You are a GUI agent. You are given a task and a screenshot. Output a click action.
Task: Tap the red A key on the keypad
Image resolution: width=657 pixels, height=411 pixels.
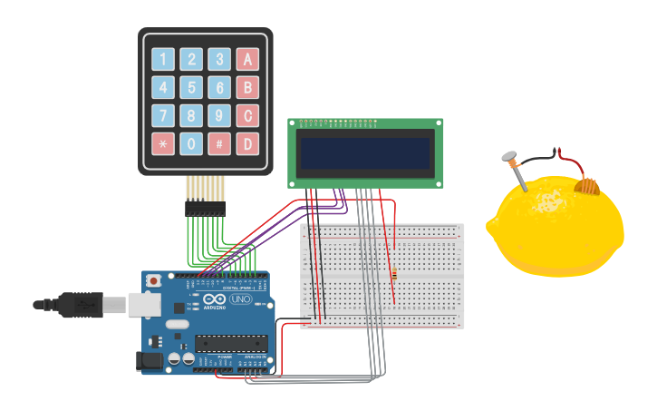pos(246,60)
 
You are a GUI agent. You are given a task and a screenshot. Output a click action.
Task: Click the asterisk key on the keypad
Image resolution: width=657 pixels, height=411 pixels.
pos(163,144)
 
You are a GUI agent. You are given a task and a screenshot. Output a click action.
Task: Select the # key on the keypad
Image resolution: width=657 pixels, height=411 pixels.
pos(219,144)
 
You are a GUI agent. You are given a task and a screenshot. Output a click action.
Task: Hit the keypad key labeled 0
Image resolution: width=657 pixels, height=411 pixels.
pos(191,144)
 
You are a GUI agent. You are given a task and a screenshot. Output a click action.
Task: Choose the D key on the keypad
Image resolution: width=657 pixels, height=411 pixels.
pos(246,144)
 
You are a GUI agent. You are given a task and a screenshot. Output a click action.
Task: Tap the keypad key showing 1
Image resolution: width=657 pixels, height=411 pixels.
pos(163,60)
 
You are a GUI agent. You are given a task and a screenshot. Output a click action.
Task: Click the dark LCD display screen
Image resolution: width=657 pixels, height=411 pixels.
pos(365,154)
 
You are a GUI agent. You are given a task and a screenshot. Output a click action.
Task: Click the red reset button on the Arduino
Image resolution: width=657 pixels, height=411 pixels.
pos(153,281)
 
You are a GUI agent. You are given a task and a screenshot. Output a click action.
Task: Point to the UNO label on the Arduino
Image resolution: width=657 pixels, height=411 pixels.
pos(240,300)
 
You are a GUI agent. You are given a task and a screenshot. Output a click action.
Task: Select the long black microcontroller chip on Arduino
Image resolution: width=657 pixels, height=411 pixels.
pos(232,343)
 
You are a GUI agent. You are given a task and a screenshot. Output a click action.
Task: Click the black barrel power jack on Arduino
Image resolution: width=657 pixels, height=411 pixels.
pos(150,361)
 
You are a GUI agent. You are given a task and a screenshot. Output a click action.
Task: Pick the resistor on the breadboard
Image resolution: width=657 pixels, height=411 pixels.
pos(394,274)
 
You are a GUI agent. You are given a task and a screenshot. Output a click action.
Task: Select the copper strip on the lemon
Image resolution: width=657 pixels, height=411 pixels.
pos(588,186)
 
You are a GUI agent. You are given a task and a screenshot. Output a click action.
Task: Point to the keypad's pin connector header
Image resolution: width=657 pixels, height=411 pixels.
pos(205,208)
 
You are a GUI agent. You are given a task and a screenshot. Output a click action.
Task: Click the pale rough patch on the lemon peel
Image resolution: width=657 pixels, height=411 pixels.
pos(547,202)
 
